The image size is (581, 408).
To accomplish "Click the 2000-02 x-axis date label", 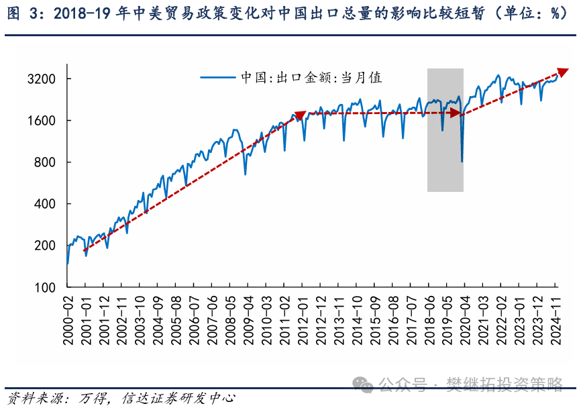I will [x=68, y=321].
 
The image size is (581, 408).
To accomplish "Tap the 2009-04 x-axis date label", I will [x=248, y=321].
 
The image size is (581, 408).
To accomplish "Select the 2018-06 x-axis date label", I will [x=428, y=321].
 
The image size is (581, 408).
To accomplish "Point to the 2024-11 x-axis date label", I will [x=555, y=321].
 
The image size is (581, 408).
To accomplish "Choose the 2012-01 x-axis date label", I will [x=302, y=321].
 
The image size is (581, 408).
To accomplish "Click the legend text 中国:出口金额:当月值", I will [x=311, y=77].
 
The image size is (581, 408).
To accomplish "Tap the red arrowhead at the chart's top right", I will [x=562, y=71].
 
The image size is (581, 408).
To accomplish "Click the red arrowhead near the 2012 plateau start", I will [x=300, y=114].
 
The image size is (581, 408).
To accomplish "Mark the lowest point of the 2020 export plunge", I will [x=462, y=161].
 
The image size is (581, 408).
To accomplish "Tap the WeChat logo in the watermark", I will [x=365, y=385].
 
